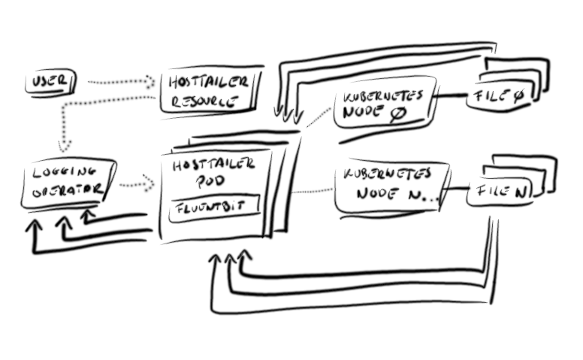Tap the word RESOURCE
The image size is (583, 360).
[x=199, y=101]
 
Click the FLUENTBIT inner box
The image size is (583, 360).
[x=213, y=208]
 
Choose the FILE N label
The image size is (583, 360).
[x=499, y=194]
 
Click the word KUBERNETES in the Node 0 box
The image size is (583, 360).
[x=382, y=98]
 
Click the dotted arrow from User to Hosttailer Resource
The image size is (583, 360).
[x=120, y=81]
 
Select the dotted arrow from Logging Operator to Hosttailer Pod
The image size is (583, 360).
[x=135, y=183]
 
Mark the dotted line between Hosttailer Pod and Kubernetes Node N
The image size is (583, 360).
[x=311, y=191]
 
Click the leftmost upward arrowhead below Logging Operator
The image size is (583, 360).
[x=32, y=224]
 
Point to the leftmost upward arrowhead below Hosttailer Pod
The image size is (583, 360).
[x=214, y=259]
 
